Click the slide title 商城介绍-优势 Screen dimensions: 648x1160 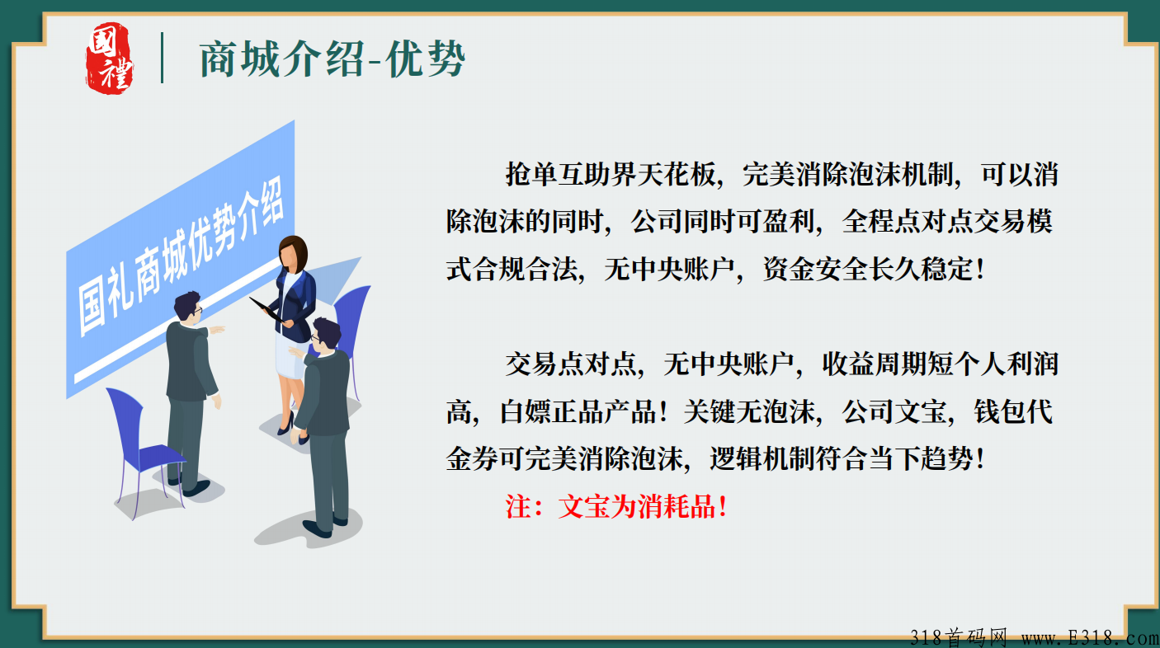coord(332,59)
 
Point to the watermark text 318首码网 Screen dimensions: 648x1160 coord(960,637)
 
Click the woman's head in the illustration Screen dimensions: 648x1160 coord(293,251)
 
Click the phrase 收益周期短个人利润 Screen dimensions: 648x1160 coord(940,364)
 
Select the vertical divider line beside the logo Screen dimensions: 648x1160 coord(162,58)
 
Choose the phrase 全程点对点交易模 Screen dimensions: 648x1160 coord(946,222)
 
